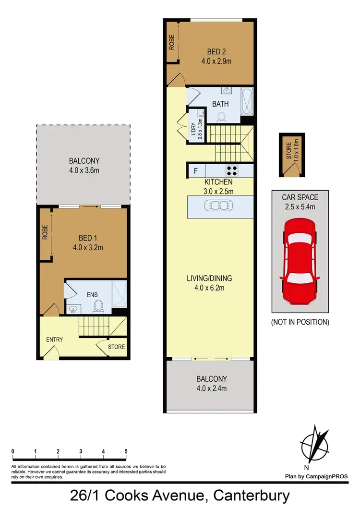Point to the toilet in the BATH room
(x=221, y=116)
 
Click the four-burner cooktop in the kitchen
(x=232, y=170)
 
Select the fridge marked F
(x=195, y=170)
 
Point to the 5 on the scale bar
(x=126, y=452)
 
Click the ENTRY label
(x=54, y=339)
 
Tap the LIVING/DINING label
(x=207, y=279)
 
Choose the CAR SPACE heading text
(x=300, y=197)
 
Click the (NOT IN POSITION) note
(x=300, y=322)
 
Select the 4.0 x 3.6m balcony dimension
(x=84, y=170)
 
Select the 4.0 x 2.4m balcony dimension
(x=208, y=387)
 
